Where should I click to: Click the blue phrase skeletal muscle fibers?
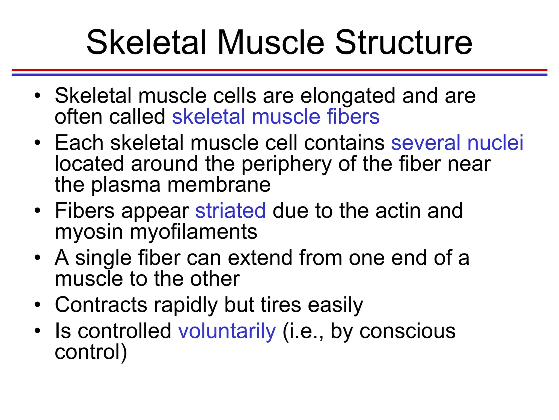click(x=276, y=117)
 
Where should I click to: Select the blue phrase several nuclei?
click(x=457, y=143)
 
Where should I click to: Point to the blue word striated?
click(x=230, y=211)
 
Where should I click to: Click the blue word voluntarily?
click(x=227, y=331)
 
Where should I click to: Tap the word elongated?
click(x=348, y=96)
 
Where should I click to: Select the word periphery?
click(x=286, y=164)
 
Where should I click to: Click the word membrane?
click(x=219, y=185)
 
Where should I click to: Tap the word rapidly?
click(x=186, y=305)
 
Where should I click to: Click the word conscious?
click(x=408, y=331)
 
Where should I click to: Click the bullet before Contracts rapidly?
click(x=37, y=304)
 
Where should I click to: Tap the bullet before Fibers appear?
click(x=37, y=211)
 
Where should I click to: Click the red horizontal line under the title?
click(x=279, y=70)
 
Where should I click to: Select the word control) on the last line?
click(x=91, y=352)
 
